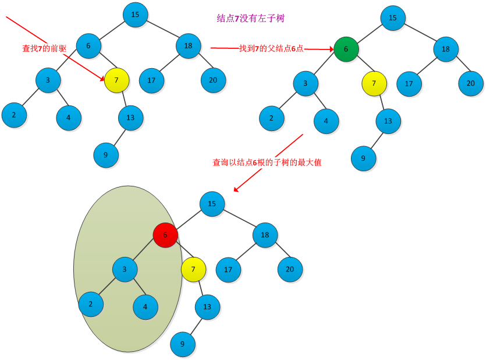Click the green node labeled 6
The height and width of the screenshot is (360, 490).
pos(346,50)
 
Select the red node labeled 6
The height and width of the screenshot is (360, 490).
pos(165,235)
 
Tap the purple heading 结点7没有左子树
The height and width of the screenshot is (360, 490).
pos(250,19)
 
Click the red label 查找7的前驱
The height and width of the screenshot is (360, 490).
pos(44,48)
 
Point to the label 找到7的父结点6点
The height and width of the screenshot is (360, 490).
pos(271,48)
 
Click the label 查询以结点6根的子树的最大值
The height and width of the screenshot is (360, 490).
pos(267,163)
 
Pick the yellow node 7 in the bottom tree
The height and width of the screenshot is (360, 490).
pos(193,269)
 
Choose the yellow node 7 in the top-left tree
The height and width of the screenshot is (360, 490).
pos(116,80)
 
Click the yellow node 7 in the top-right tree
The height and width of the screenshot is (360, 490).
pos(374,84)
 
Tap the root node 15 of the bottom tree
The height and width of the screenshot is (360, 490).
pos(212,204)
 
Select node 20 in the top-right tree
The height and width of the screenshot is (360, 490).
pos(470,83)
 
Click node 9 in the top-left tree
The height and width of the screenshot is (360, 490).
pos(105,155)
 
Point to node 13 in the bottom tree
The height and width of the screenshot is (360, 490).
pos(207,306)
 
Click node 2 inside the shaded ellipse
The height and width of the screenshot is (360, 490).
pos(91,304)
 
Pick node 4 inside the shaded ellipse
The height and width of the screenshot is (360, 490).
pos(145,306)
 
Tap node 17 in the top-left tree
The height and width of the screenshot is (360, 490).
pos(151,80)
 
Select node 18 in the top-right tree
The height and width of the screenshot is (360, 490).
pos(446,50)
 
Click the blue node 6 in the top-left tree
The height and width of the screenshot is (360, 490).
pos(88,46)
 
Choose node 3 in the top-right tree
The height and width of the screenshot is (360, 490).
pos(306,84)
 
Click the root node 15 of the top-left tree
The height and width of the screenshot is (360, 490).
pos(135,15)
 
